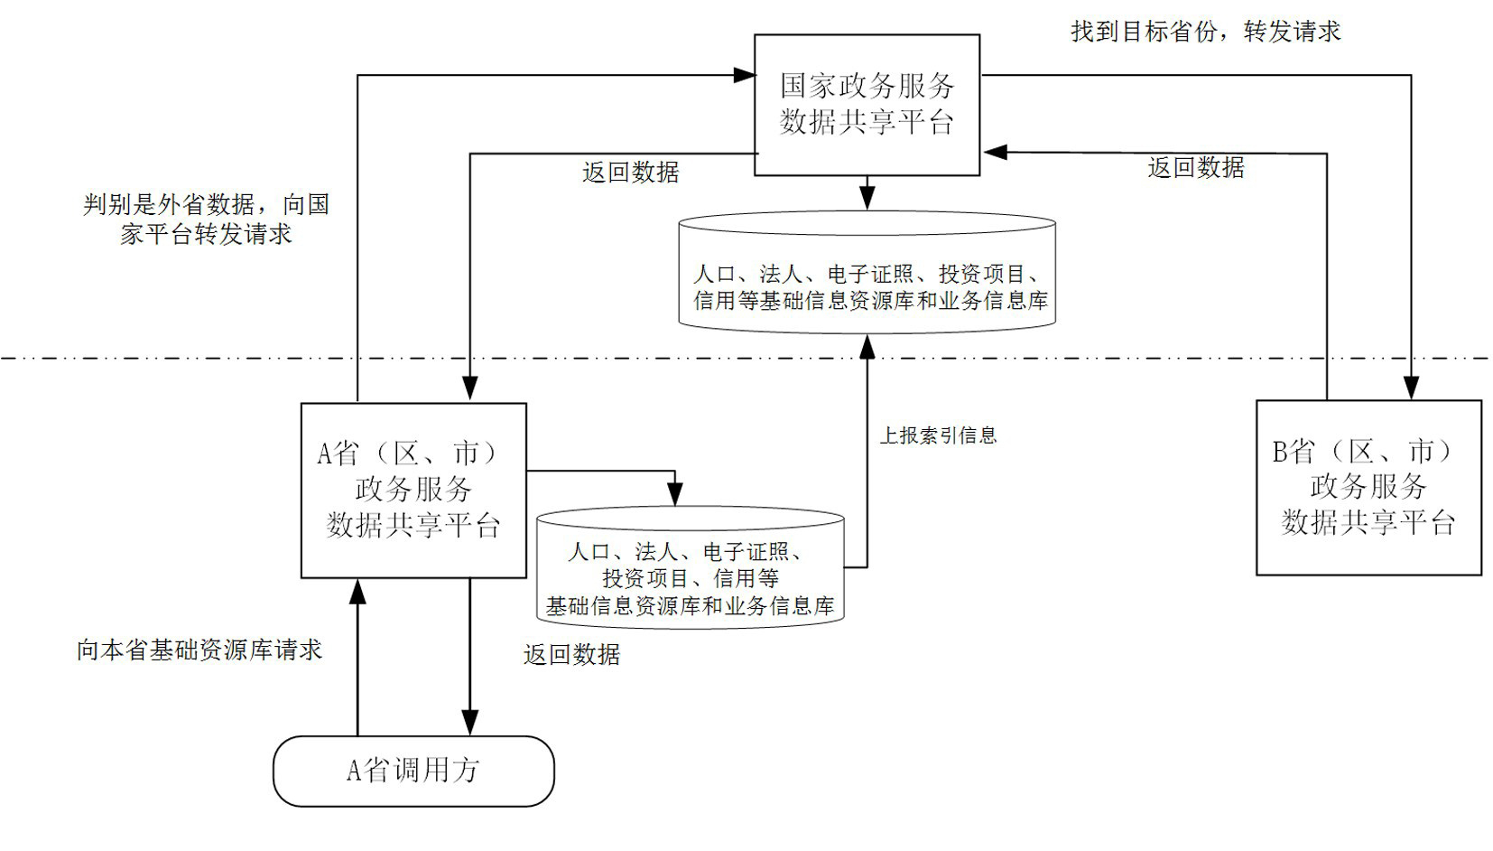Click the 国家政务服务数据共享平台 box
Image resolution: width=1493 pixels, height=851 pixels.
(x=867, y=105)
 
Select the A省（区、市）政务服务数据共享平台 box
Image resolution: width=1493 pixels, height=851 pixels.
(x=413, y=490)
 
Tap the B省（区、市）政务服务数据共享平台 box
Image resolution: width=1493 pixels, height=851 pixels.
(x=1368, y=487)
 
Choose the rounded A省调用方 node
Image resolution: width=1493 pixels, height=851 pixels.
(x=413, y=771)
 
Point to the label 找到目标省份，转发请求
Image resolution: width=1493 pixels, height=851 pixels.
(x=1205, y=32)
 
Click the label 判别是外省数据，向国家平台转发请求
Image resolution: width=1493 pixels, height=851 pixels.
(x=206, y=220)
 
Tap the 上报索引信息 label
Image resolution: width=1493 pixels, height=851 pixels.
(x=939, y=435)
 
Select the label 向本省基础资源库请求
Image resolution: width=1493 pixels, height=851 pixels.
(x=199, y=650)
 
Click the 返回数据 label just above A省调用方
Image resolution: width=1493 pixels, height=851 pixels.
(x=571, y=654)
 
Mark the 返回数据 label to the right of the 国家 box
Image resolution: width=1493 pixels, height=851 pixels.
(x=1195, y=167)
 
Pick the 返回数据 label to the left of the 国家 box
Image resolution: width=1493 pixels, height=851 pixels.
(x=630, y=172)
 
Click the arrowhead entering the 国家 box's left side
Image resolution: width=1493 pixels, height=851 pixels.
(x=745, y=75)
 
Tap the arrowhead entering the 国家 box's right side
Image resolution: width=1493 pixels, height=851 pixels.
(x=993, y=153)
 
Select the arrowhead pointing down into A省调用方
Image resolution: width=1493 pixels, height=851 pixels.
(x=469, y=724)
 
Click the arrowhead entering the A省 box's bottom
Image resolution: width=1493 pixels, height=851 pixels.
(x=357, y=591)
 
